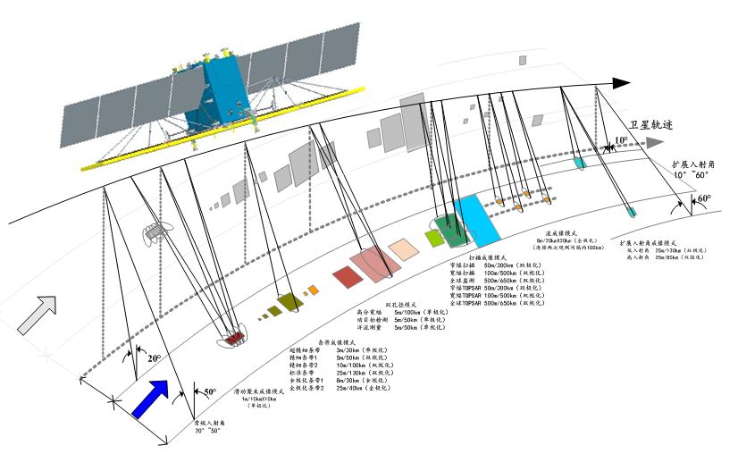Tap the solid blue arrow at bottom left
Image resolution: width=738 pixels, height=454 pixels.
[x=151, y=399]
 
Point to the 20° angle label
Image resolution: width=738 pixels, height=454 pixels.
[x=154, y=358]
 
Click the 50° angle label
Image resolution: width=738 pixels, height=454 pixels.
[x=210, y=391]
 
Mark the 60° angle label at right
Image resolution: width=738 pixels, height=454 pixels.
[x=704, y=198]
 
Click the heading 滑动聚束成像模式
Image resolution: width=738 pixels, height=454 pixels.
[x=259, y=391]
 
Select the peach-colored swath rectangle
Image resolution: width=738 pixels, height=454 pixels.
[x=404, y=248]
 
